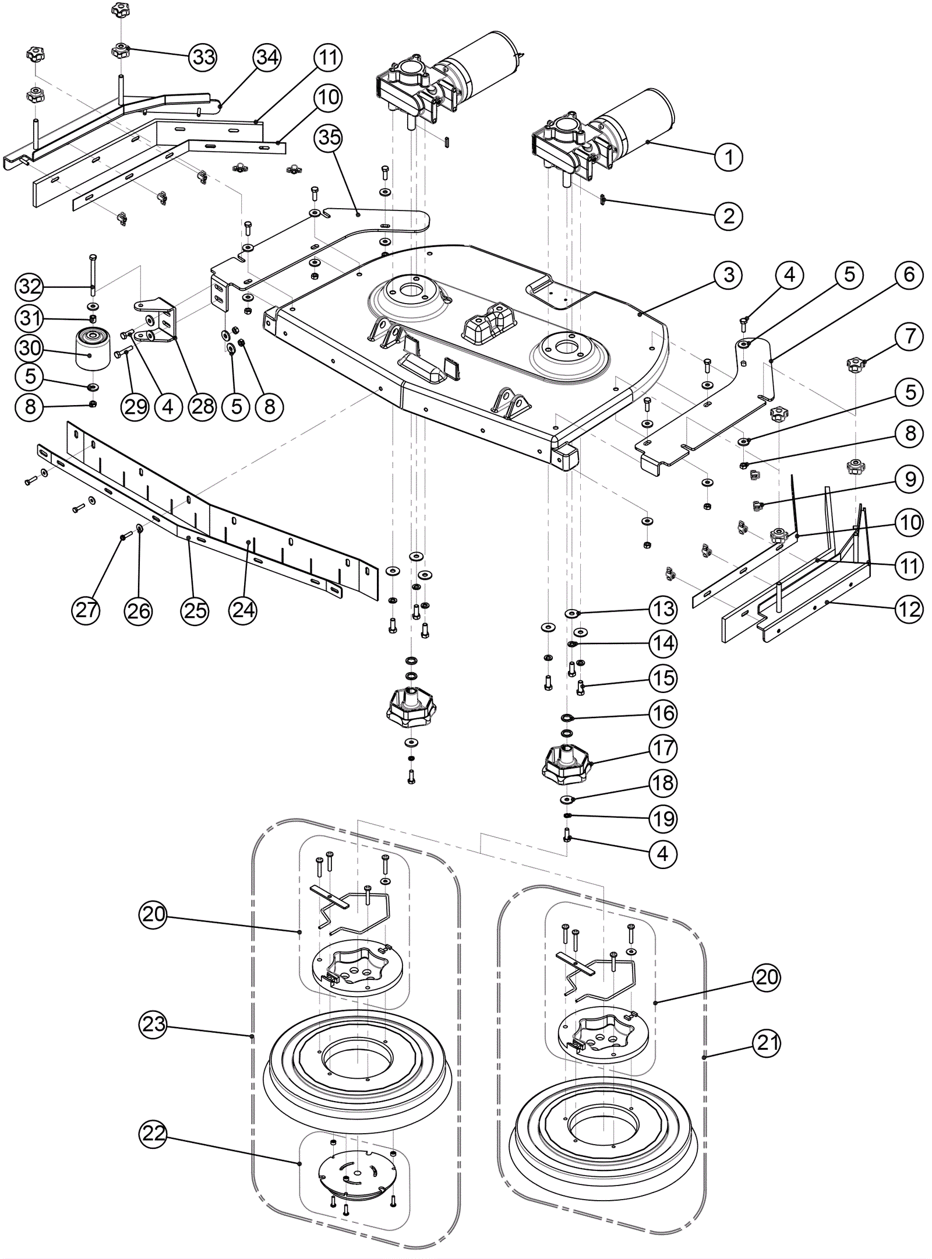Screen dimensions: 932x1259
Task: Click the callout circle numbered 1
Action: [x=729, y=157]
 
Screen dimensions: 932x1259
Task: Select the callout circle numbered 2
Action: [x=729, y=216]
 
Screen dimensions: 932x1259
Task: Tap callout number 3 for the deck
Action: [x=729, y=275]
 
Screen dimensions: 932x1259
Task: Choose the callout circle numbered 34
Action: [x=267, y=57]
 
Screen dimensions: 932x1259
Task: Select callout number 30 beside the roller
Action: [x=30, y=349]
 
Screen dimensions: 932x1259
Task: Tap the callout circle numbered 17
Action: [x=663, y=748]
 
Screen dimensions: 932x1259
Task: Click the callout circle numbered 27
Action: [x=86, y=610]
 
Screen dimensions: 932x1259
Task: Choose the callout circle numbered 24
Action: [x=243, y=610]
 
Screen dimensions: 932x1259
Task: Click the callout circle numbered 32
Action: [x=30, y=286]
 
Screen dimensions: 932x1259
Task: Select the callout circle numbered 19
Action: [x=663, y=819]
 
